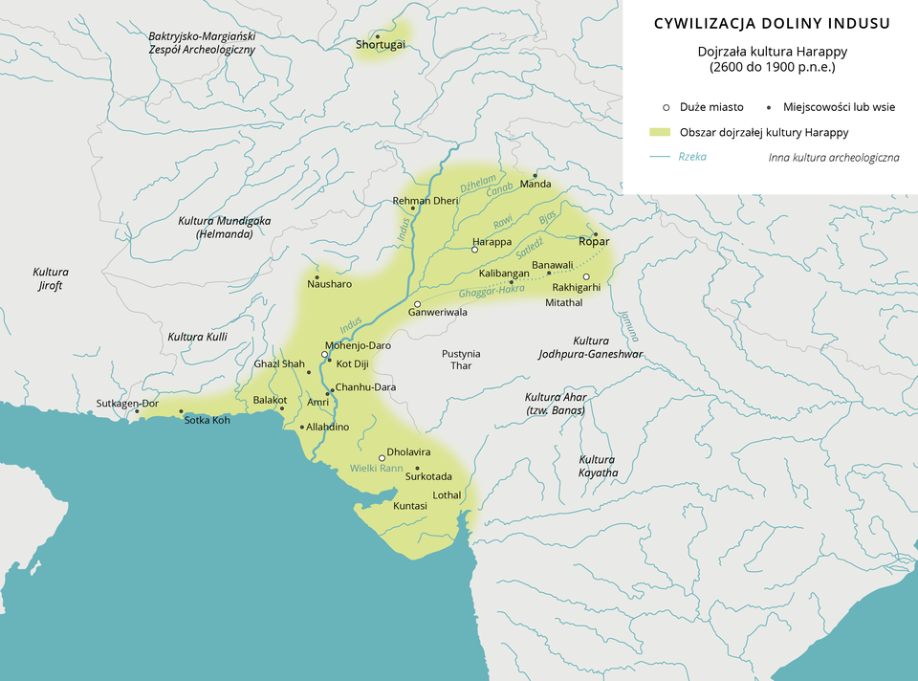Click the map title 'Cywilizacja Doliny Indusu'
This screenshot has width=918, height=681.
[772, 24]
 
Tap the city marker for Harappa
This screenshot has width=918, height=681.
[475, 250]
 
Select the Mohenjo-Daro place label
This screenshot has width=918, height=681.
[359, 345]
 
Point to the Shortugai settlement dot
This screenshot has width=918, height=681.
[377, 35]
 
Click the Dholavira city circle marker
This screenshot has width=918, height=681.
[382, 457]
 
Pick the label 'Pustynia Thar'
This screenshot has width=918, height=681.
[461, 360]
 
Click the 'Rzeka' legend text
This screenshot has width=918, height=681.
[692, 156]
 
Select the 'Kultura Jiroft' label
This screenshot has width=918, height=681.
[50, 278]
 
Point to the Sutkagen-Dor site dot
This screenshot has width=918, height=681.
[137, 411]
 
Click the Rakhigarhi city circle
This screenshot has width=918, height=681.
[587, 277]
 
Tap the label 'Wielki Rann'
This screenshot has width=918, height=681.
[377, 469]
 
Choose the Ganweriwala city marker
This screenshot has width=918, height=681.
[417, 303]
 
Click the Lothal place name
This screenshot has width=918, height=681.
[447, 495]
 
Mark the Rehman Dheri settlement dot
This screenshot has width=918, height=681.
[412, 209]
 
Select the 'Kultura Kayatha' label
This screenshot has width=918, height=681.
[599, 466]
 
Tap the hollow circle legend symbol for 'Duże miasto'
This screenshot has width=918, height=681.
[666, 107]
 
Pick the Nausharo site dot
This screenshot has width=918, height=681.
[317, 277]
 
